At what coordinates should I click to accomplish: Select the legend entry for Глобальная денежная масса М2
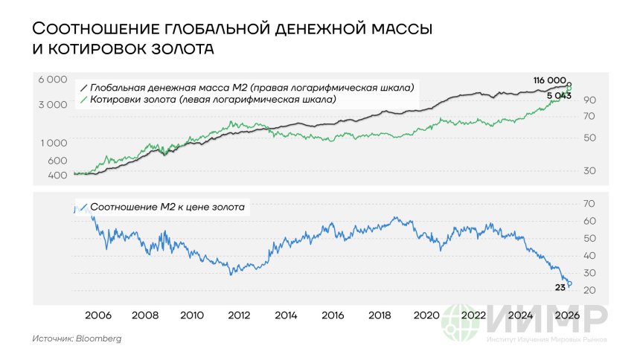coord(249,87)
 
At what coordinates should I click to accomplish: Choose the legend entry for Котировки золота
coord(212,99)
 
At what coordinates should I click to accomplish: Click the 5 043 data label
coord(557,97)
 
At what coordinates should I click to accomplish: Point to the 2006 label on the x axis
coord(98,315)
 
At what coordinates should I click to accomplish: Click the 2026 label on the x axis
coord(567,315)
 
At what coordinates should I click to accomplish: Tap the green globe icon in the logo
coord(461,324)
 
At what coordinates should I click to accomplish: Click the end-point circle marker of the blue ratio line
coord(569,283)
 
